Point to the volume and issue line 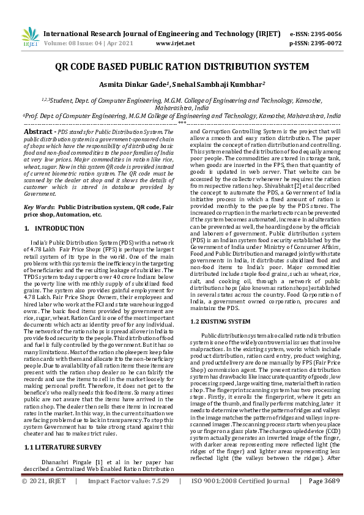coord(86,44)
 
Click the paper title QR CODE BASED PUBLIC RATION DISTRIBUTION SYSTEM coord(182,67)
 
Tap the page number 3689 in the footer coord(346,498)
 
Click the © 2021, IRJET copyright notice coord(43,498)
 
